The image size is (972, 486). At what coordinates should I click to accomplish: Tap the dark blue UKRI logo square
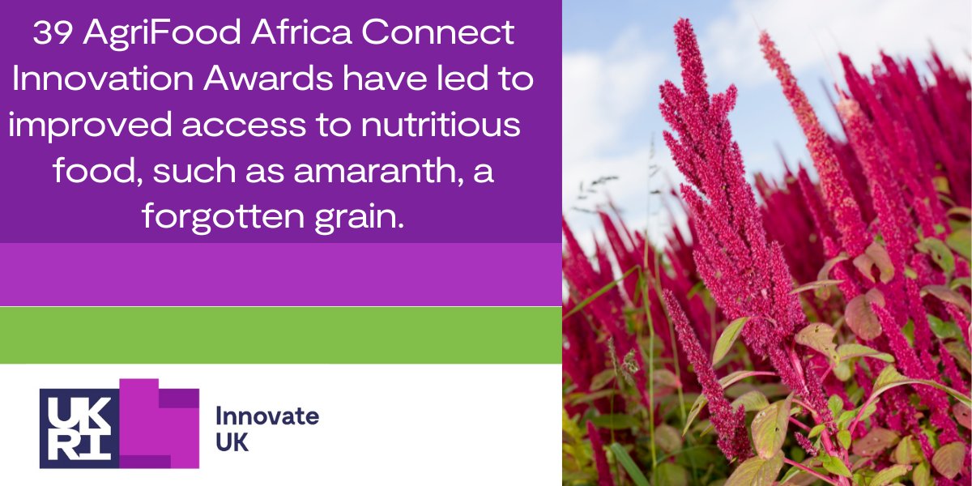click(79, 428)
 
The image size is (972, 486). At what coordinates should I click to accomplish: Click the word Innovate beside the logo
click(266, 416)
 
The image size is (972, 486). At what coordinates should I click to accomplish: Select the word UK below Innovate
click(232, 443)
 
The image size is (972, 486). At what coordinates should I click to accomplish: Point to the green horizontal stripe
click(280, 335)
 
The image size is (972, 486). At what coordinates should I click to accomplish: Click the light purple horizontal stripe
click(280, 275)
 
